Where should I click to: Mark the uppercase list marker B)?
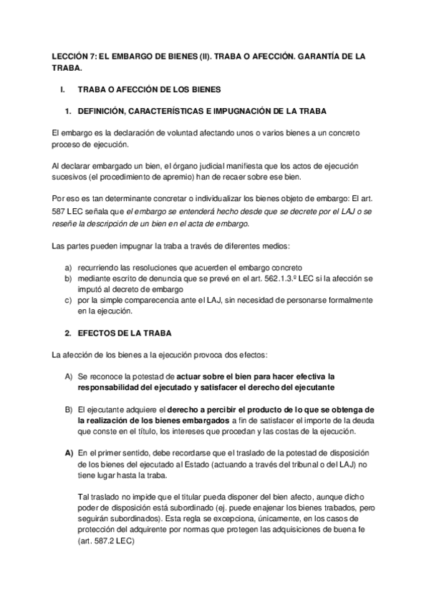(x=69, y=409)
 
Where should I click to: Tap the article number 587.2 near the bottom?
(x=105, y=541)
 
